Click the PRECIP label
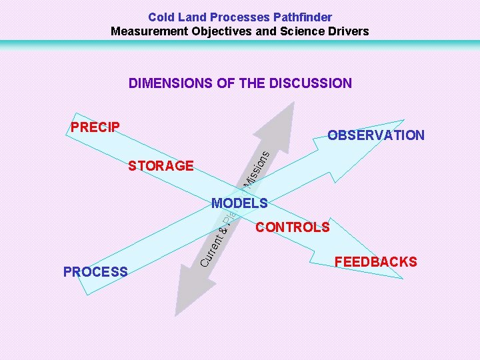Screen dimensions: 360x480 pos(95,127)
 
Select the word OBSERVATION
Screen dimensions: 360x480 pos(375,135)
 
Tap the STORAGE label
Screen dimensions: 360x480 pos(161,165)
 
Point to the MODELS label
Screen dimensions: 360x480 pos(239,203)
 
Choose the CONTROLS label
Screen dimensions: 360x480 pos(292,227)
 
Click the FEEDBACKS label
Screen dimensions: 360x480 pos(375,261)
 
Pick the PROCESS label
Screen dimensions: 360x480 pos(95,271)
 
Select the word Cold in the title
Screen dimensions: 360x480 pos(160,17)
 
